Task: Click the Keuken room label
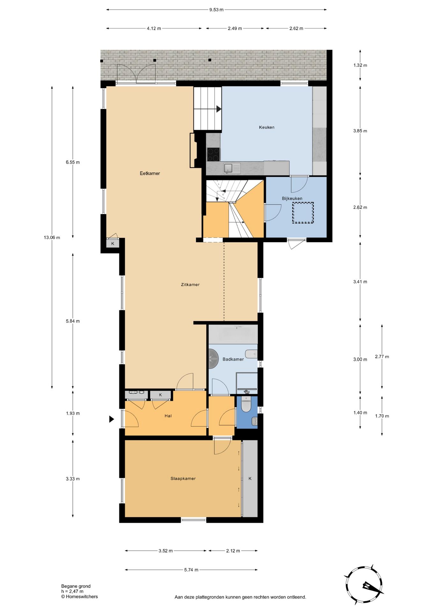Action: pyautogui.click(x=267, y=127)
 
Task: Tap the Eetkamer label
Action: pyautogui.click(x=150, y=173)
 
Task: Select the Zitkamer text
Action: pyautogui.click(x=190, y=284)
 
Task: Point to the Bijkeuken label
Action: pyautogui.click(x=292, y=198)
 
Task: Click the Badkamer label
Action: pyautogui.click(x=233, y=359)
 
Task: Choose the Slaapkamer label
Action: pyautogui.click(x=183, y=478)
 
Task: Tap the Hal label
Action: pyautogui.click(x=168, y=416)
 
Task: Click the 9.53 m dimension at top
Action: pyautogui.click(x=216, y=10)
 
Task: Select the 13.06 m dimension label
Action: pyautogui.click(x=52, y=238)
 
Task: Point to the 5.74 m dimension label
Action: pyautogui.click(x=191, y=570)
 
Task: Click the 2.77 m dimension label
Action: pyautogui.click(x=382, y=357)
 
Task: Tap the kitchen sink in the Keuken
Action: pyautogui.click(x=228, y=168)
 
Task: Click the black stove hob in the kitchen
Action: pyautogui.click(x=213, y=154)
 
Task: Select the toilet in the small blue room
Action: pyautogui.click(x=246, y=404)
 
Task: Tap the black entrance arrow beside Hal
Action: pyautogui.click(x=111, y=419)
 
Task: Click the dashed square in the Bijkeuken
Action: pyautogui.click(x=303, y=213)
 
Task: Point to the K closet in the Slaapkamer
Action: pyautogui.click(x=250, y=478)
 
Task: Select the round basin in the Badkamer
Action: pyautogui.click(x=213, y=357)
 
